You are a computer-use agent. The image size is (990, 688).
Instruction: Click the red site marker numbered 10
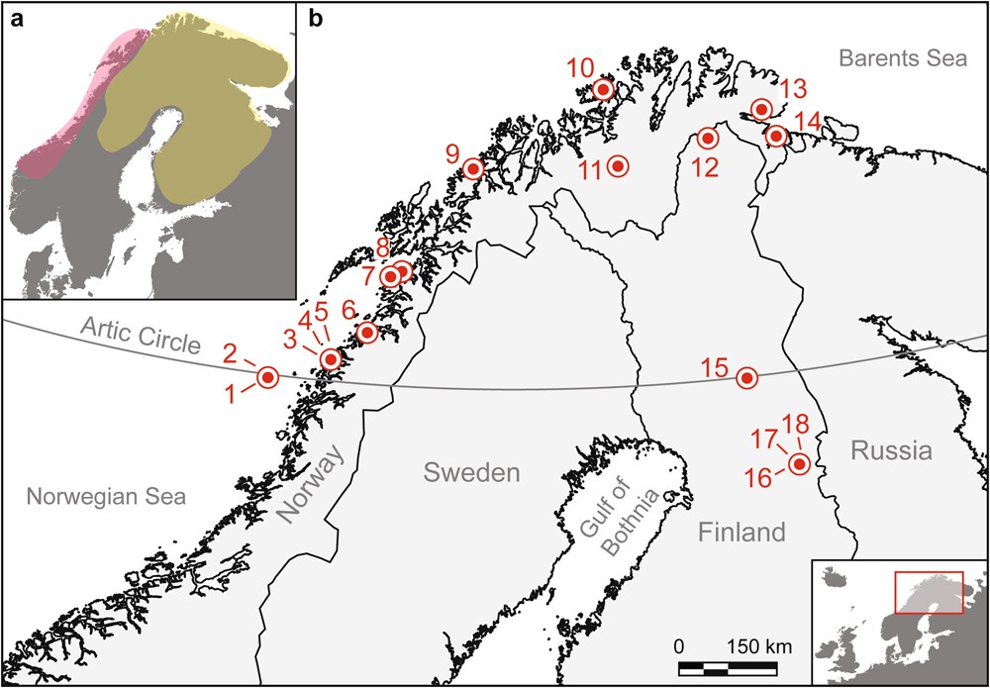pyautogui.click(x=602, y=90)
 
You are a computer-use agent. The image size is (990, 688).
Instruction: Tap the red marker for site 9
pyautogui.click(x=473, y=169)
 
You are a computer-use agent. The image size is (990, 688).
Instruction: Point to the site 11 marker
pyautogui.click(x=618, y=166)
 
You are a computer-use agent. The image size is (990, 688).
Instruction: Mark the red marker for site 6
pyautogui.click(x=366, y=332)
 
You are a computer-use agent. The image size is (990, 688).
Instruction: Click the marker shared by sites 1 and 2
pyautogui.click(x=267, y=377)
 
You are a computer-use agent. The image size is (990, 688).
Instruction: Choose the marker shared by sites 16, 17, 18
pyautogui.click(x=799, y=464)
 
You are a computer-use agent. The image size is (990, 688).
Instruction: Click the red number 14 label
pyautogui.click(x=808, y=120)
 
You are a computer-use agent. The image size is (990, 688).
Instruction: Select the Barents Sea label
pyautogui.click(x=901, y=58)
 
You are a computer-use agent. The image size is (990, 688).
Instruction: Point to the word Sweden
pyautogui.click(x=471, y=472)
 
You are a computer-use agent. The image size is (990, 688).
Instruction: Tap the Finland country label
pyautogui.click(x=740, y=533)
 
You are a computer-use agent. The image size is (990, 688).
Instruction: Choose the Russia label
pyautogui.click(x=891, y=451)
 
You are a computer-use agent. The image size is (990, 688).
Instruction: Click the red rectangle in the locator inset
pyautogui.click(x=928, y=592)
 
